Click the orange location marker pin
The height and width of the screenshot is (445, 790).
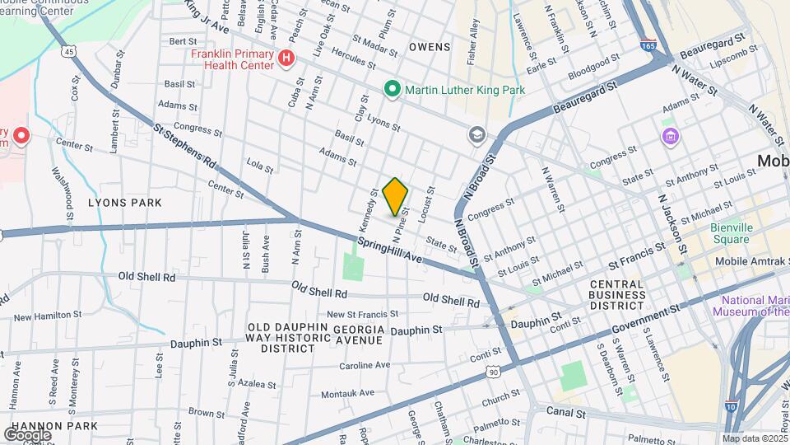point(395,196)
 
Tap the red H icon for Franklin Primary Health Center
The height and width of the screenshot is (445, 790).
point(286,58)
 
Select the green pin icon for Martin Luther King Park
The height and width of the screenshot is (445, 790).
point(393,88)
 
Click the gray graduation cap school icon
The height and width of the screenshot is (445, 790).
point(476,133)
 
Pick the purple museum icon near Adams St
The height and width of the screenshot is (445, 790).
point(671,134)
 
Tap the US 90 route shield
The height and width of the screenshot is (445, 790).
point(493,372)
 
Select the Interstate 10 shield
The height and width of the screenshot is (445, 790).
point(731,405)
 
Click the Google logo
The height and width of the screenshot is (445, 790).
point(27,434)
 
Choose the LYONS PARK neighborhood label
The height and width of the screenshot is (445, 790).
point(125,202)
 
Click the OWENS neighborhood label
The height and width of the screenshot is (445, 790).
point(430,47)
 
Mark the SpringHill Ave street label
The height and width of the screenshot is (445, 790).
point(389,251)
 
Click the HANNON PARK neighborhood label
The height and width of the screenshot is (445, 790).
point(49,426)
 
